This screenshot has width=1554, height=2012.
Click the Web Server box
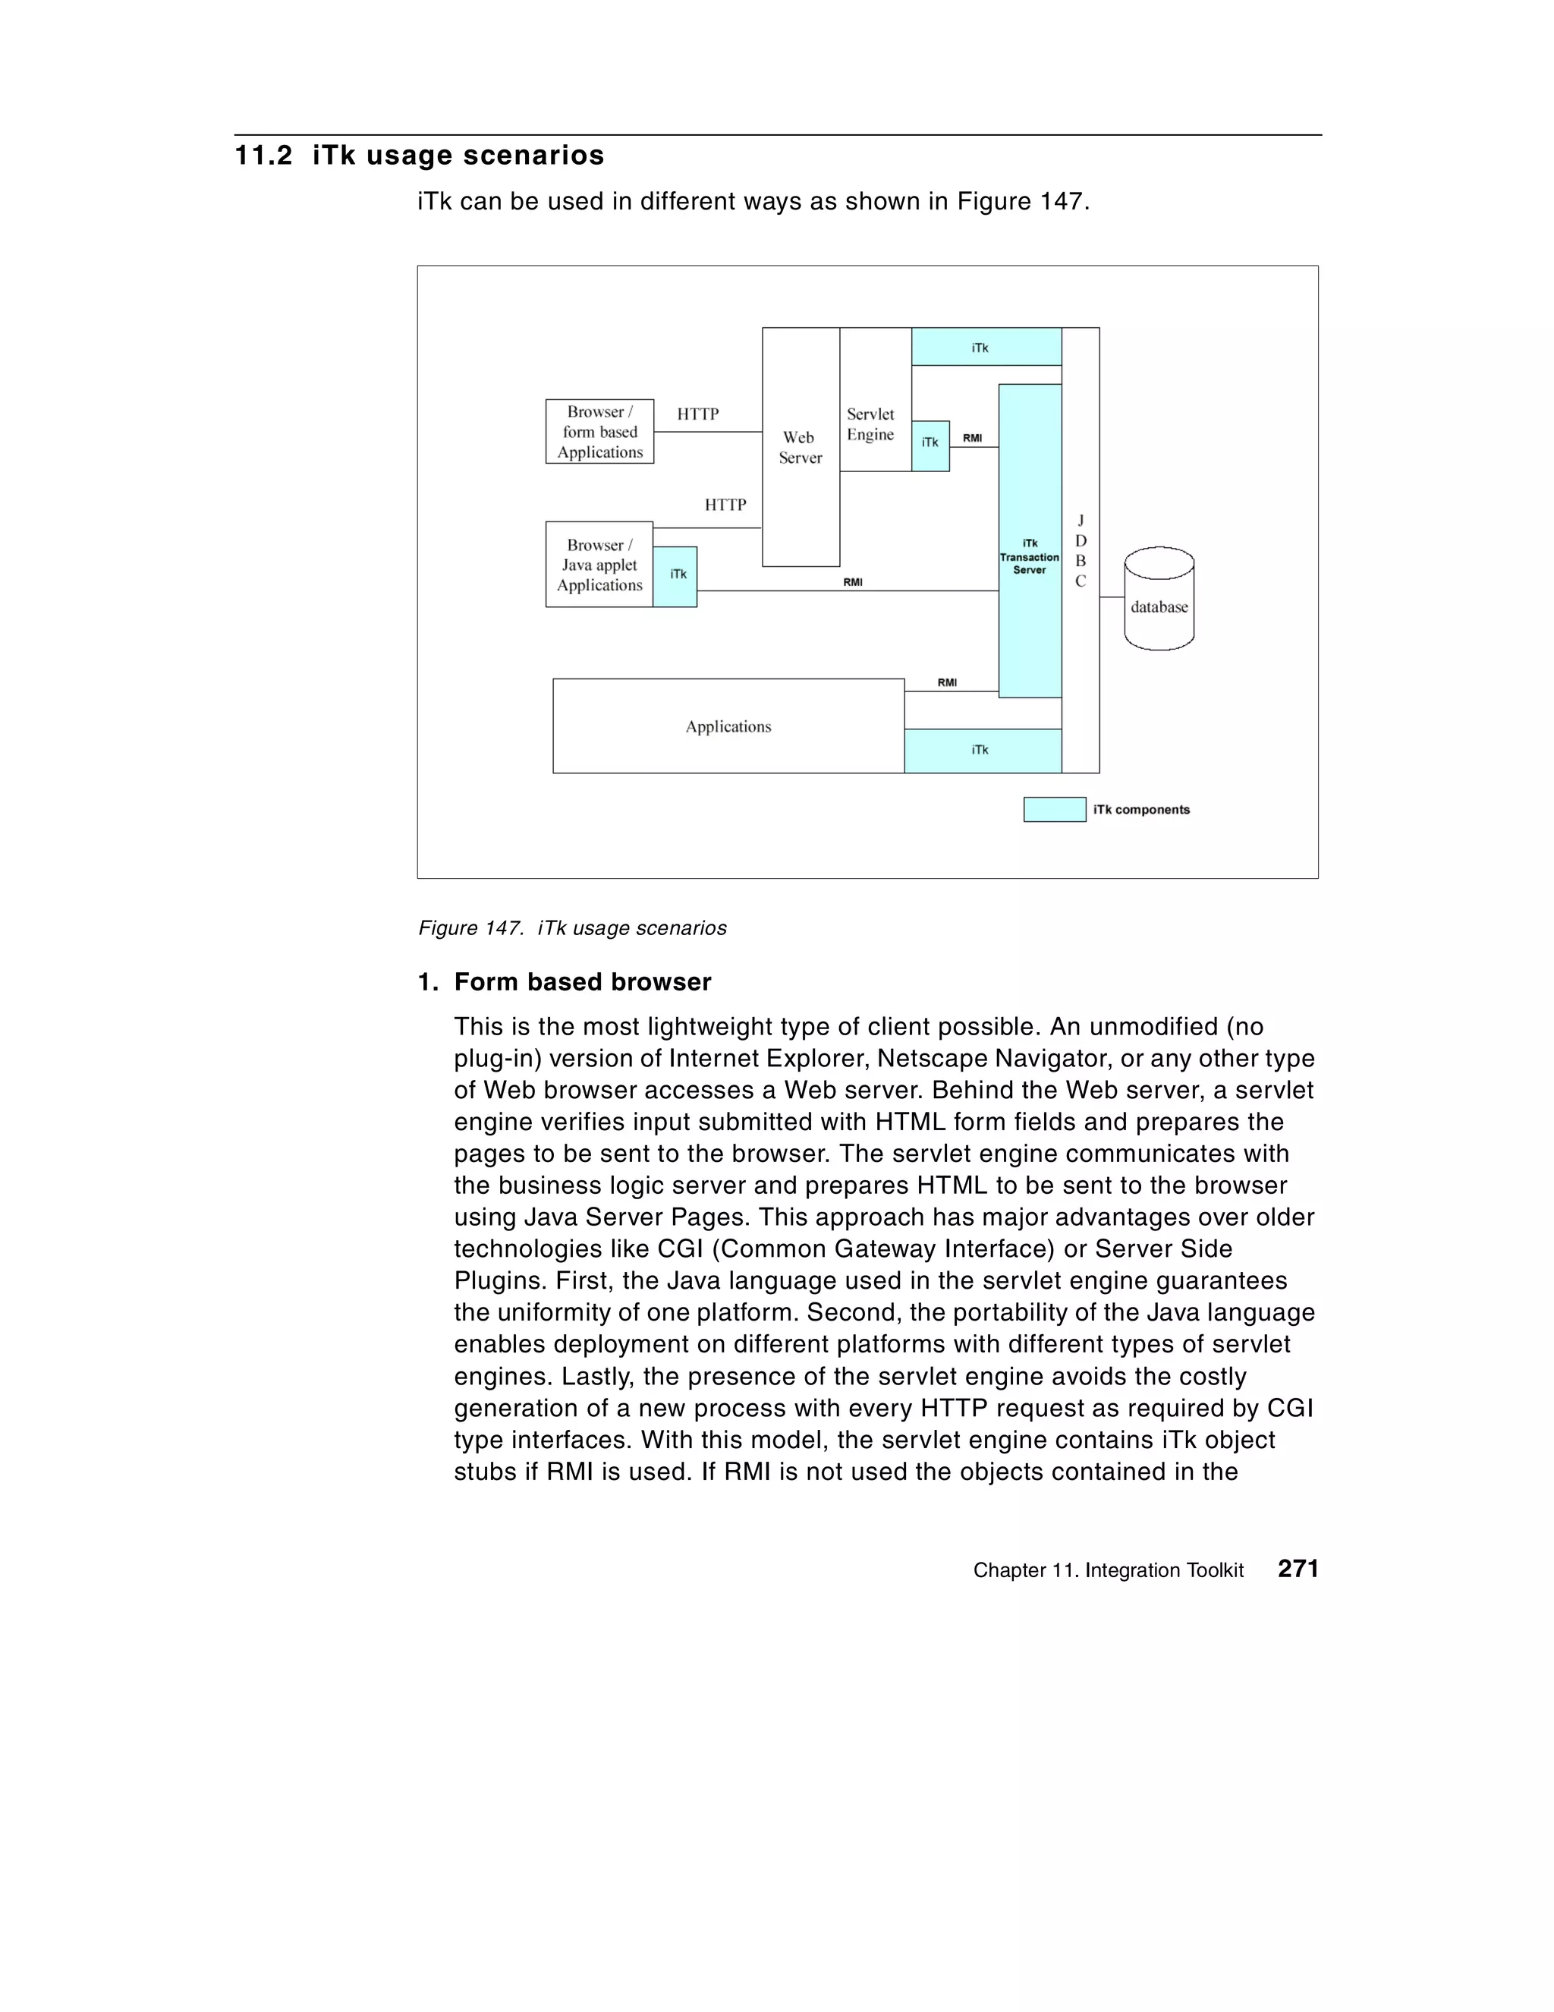click(x=800, y=448)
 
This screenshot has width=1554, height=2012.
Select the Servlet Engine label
click(x=870, y=425)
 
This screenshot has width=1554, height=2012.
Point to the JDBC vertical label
click(x=1081, y=551)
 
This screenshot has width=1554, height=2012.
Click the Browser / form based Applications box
click(x=599, y=431)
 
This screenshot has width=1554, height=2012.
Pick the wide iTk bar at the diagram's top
click(x=986, y=348)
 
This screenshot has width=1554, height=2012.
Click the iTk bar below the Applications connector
click(x=982, y=750)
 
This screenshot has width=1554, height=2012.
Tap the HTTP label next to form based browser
click(x=697, y=414)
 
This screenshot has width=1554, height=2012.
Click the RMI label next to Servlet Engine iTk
click(x=972, y=439)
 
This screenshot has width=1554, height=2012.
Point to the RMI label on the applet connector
click(x=852, y=582)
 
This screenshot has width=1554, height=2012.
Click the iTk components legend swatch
click(x=1054, y=810)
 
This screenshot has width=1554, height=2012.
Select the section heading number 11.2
click(x=263, y=156)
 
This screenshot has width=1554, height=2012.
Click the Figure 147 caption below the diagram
click(x=572, y=927)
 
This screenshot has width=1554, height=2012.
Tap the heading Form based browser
click(x=582, y=982)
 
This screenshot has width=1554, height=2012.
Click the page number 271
click(x=1298, y=1569)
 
